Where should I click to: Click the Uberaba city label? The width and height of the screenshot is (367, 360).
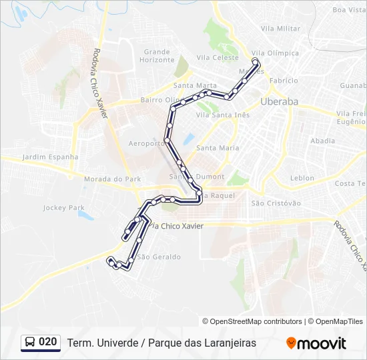point(279,101)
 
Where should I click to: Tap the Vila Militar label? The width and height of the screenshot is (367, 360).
point(280,29)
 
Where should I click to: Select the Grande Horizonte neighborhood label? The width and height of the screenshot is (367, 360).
point(157,55)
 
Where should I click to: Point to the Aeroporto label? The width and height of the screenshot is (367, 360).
point(146,143)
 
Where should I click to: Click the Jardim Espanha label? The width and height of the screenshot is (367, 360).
point(50,157)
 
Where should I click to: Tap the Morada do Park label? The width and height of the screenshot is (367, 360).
point(113,179)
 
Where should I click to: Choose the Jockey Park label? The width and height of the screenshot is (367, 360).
point(64,208)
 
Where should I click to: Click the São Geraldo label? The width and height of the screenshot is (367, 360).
point(158,257)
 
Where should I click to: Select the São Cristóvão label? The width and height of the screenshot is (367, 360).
point(276,203)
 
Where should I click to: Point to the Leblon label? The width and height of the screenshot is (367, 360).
point(302,178)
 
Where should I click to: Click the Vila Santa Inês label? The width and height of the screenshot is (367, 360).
point(223,115)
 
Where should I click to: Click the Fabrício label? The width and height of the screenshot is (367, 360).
point(284,80)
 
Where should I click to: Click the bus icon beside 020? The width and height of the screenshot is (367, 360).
point(30,343)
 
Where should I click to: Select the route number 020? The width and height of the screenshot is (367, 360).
point(47,342)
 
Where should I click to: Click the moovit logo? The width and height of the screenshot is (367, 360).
point(316,343)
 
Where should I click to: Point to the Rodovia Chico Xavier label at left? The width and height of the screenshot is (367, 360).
point(101,83)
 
